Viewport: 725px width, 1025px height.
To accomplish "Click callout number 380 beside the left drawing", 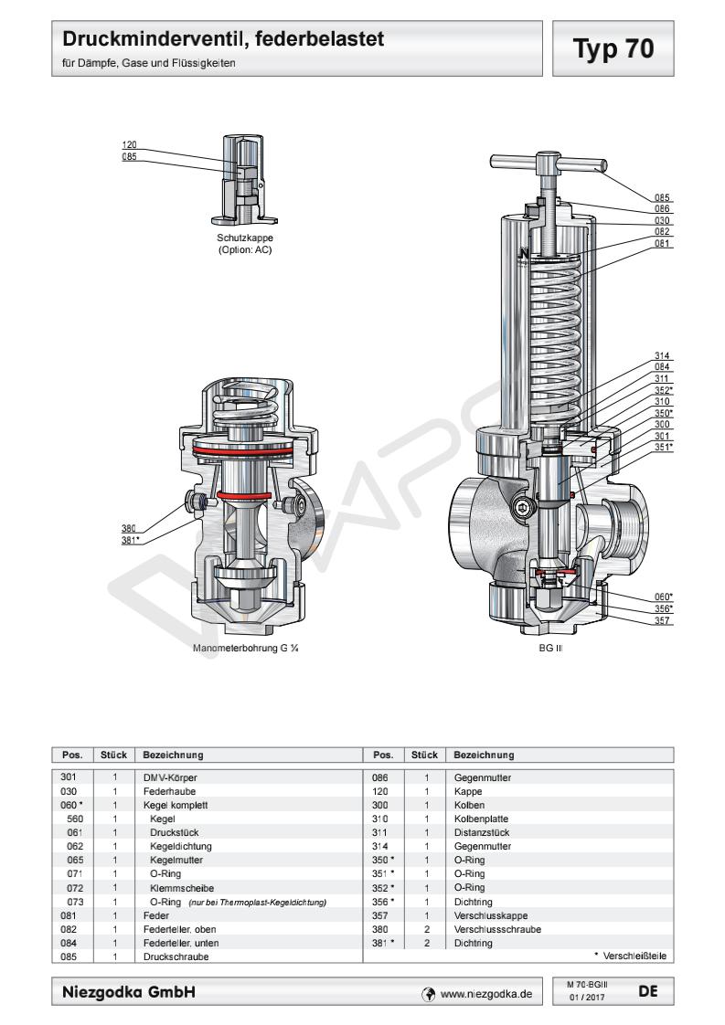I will [129, 527].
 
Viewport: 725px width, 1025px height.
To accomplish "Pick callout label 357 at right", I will [663, 621].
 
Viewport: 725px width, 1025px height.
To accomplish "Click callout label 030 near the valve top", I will [663, 220].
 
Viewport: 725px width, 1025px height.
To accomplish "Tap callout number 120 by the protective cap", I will [129, 145].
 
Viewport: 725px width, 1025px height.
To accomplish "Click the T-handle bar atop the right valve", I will [549, 166].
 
